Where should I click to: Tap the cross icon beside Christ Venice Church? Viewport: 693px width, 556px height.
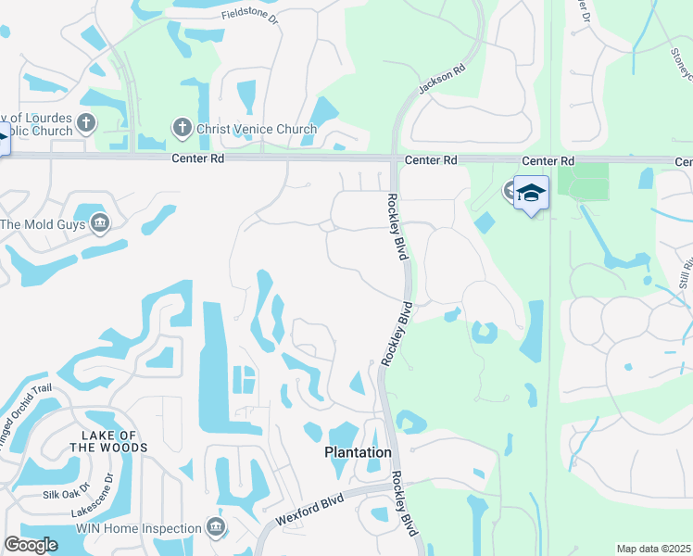click(x=182, y=128)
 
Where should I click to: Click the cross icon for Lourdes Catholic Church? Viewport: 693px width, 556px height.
click(x=86, y=122)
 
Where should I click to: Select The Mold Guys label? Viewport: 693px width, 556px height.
click(x=43, y=223)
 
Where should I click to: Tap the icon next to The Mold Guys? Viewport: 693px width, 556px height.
click(x=100, y=223)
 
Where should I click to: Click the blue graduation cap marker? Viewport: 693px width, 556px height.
click(x=531, y=193)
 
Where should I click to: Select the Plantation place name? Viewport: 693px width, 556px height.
click(x=358, y=452)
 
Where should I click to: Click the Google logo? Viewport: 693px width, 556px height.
click(x=31, y=545)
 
